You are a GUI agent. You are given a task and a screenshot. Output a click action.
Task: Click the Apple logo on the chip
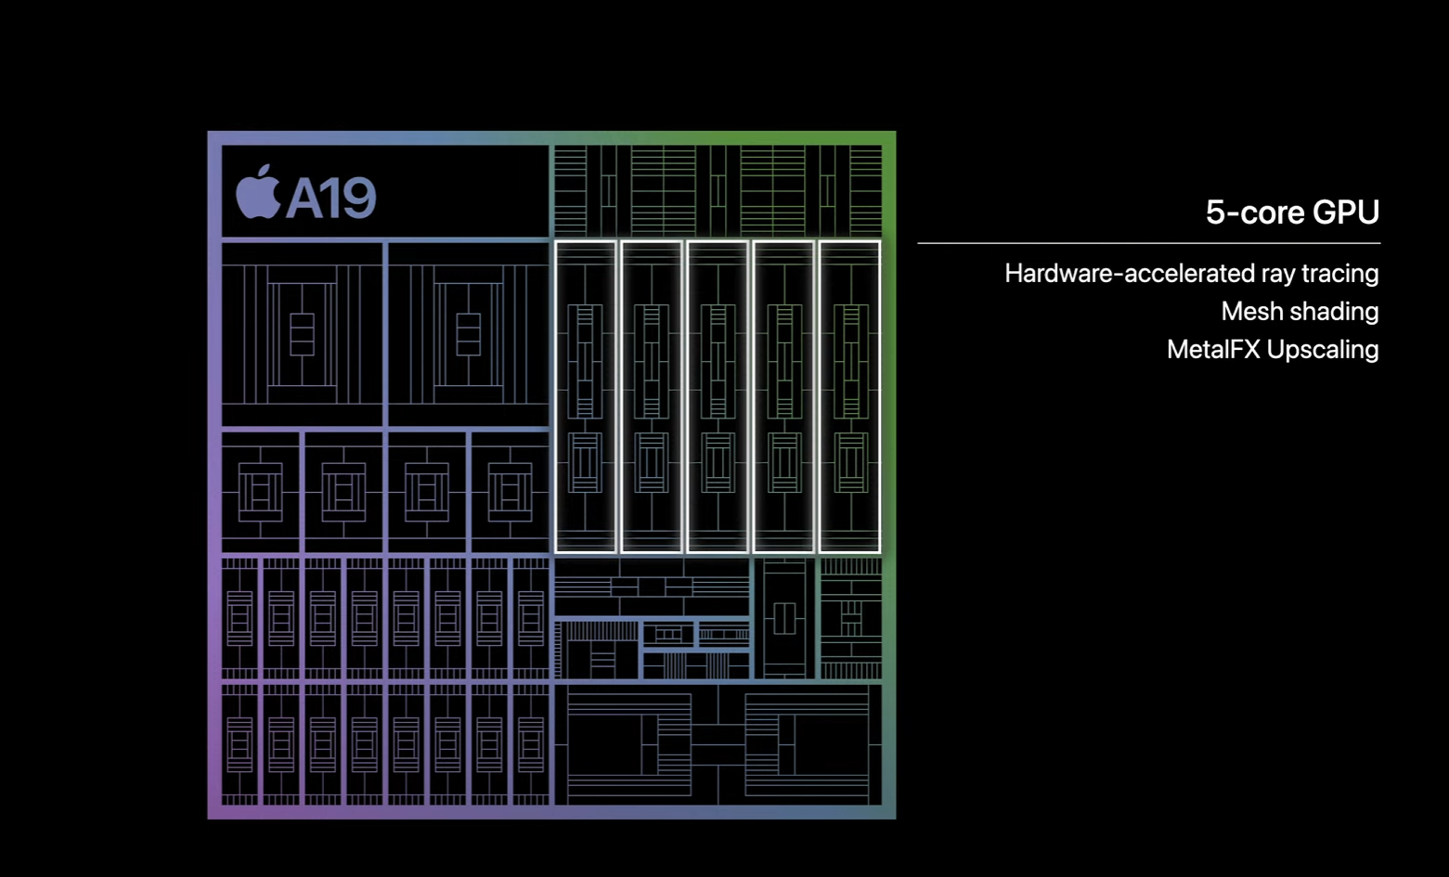[257, 194]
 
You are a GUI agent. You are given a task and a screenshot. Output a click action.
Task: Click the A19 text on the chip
[330, 198]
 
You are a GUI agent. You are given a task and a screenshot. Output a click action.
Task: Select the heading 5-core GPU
[1291, 213]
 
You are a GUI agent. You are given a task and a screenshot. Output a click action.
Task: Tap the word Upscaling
[1323, 350]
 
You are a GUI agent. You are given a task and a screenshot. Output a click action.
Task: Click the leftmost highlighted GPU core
[585, 397]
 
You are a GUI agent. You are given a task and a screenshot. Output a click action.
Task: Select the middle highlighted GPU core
[718, 397]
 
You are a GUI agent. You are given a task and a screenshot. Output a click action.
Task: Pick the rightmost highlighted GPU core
[850, 397]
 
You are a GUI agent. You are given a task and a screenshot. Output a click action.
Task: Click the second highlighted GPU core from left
[652, 397]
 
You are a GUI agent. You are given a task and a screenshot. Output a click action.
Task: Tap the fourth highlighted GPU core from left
[784, 397]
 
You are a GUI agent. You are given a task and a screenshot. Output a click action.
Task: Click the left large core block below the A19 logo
[302, 334]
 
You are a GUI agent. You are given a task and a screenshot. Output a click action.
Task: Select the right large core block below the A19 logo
[468, 334]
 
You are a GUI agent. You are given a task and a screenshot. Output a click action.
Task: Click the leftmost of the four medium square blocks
[261, 491]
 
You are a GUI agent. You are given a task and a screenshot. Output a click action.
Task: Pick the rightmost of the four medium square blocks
[510, 491]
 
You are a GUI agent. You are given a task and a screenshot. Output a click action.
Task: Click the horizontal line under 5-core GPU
[1148, 243]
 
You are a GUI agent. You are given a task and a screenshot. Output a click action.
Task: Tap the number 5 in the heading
[1215, 213]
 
